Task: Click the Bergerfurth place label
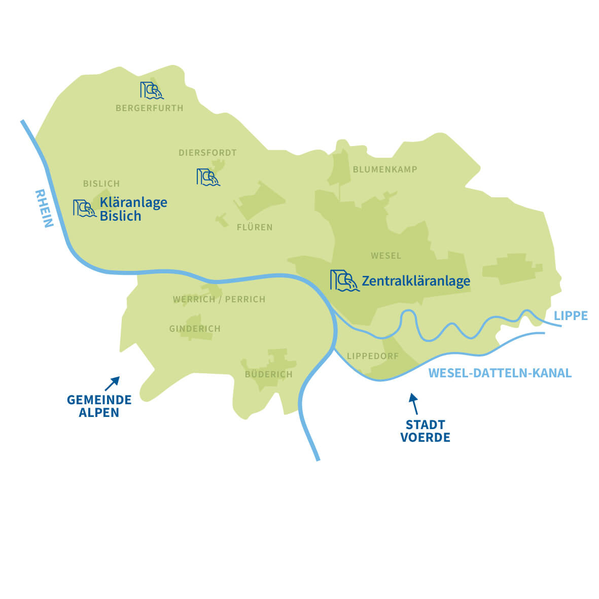click(149, 108)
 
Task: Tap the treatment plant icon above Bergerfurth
click(152, 90)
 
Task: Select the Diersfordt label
click(207, 153)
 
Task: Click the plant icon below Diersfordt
click(208, 177)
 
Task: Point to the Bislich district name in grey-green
click(101, 184)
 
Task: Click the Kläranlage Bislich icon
click(84, 208)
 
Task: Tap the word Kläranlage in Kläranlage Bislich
click(133, 202)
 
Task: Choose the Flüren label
click(255, 227)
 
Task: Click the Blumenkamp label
click(385, 169)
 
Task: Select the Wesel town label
click(386, 256)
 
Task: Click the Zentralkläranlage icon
click(344, 280)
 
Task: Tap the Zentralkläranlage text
click(416, 281)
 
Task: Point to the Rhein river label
click(44, 208)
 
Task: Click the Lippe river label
click(571, 316)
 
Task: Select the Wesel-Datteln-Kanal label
click(500, 373)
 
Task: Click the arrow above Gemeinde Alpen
click(112, 383)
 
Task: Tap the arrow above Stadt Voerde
click(414, 404)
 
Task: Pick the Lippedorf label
click(373, 356)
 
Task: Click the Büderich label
click(268, 374)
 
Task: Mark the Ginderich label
click(195, 329)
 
